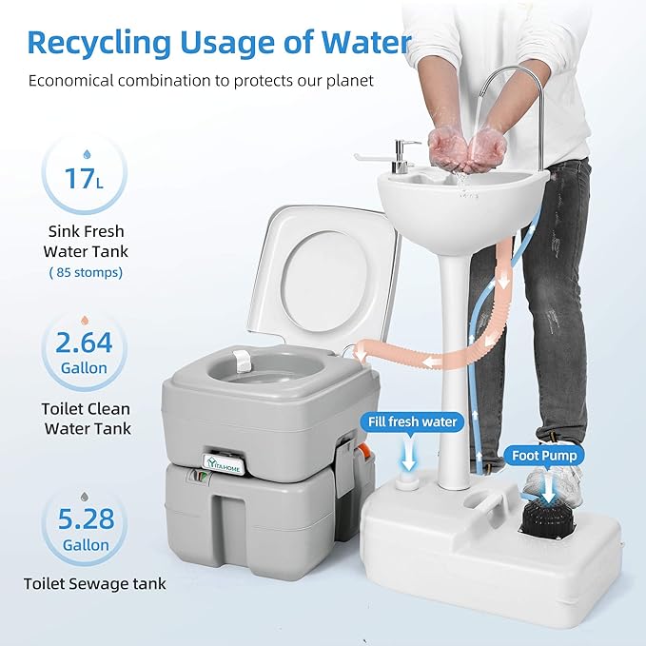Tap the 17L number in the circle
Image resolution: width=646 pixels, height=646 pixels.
coord(83,178)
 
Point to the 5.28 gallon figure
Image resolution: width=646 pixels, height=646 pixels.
coord(84,520)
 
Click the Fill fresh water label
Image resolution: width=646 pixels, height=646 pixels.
coord(408,421)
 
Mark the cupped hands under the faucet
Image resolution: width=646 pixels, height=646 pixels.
coord(466,148)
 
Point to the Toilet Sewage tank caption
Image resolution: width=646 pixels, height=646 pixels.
coord(96,583)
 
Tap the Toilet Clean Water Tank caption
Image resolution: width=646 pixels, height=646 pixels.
coord(88,419)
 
